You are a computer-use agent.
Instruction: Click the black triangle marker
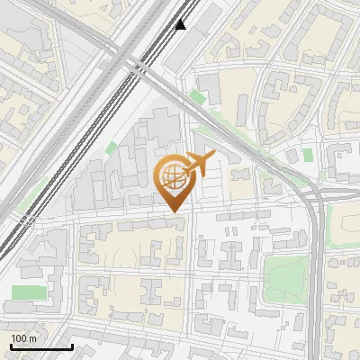click(x=181, y=24)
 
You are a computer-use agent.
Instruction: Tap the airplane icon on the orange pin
click(x=197, y=165)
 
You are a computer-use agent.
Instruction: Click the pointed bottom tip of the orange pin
click(x=175, y=211)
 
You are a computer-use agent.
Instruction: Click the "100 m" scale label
click(x=23, y=338)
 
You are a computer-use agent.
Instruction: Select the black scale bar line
click(x=41, y=346)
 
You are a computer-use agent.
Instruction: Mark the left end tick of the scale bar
click(x=12, y=346)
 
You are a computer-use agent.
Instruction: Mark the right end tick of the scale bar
click(x=72, y=346)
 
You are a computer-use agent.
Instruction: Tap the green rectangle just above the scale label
click(x=29, y=294)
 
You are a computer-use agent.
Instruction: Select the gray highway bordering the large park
click(x=317, y=270)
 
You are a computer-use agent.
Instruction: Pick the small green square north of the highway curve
click(x=308, y=155)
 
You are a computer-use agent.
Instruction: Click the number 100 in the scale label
click(x=19, y=338)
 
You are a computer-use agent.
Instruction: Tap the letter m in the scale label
click(x=33, y=338)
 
